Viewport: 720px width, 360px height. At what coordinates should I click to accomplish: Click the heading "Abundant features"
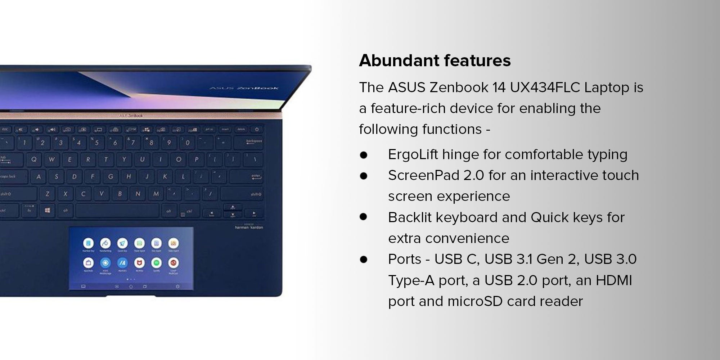click(x=435, y=60)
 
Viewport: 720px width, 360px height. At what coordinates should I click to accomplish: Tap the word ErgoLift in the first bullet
click(x=413, y=155)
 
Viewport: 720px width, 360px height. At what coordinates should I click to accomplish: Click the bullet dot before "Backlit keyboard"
click(x=363, y=217)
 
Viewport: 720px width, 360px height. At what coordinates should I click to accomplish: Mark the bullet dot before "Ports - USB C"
click(x=363, y=259)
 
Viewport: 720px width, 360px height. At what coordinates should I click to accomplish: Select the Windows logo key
click(x=48, y=211)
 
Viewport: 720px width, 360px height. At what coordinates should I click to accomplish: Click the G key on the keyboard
click(x=111, y=176)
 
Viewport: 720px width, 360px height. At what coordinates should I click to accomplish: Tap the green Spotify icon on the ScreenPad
click(x=156, y=263)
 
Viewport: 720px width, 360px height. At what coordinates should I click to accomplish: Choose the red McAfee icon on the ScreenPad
click(x=139, y=263)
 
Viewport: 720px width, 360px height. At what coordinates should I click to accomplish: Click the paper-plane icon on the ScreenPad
click(x=122, y=243)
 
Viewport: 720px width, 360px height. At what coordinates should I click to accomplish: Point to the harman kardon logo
click(x=249, y=227)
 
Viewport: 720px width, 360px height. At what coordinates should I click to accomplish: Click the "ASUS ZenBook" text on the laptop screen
click(x=244, y=88)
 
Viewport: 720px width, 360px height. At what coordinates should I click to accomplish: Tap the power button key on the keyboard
click(x=257, y=130)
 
